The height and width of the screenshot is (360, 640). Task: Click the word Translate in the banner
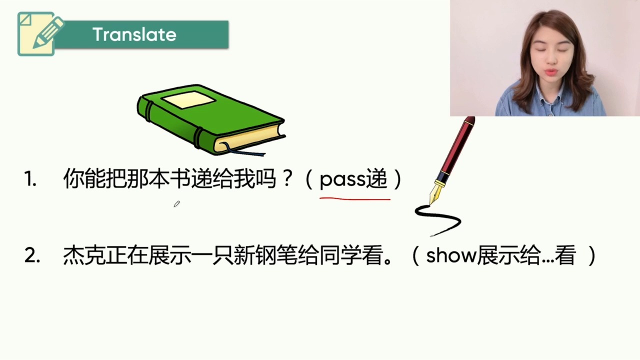(134, 34)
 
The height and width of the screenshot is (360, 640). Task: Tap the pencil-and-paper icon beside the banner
(40, 33)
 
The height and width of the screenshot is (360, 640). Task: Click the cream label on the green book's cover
(188, 99)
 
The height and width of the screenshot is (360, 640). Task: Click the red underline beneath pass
(355, 198)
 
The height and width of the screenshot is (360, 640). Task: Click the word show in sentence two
(451, 255)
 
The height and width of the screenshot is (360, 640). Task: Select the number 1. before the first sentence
(30, 179)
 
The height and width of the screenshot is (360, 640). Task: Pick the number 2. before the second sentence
(32, 255)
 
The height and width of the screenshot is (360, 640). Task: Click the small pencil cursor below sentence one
(177, 203)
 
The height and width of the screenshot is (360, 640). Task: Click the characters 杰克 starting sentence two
(84, 255)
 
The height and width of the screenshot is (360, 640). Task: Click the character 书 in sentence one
(180, 178)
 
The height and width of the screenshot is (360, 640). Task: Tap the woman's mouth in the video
(551, 71)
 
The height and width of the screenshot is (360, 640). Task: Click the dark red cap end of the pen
(468, 121)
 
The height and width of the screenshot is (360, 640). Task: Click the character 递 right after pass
(376, 178)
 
